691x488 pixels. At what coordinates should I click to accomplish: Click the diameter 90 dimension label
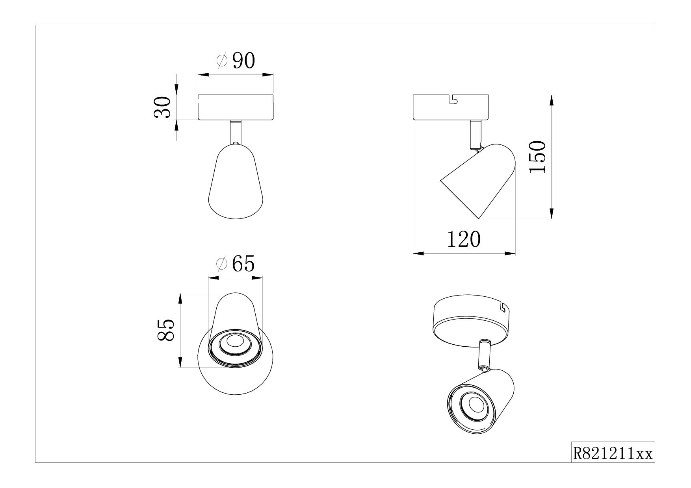click(236, 61)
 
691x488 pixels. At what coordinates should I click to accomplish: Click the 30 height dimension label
click(162, 107)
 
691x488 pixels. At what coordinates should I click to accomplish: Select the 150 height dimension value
click(537, 157)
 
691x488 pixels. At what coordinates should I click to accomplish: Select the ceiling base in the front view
click(236, 107)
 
